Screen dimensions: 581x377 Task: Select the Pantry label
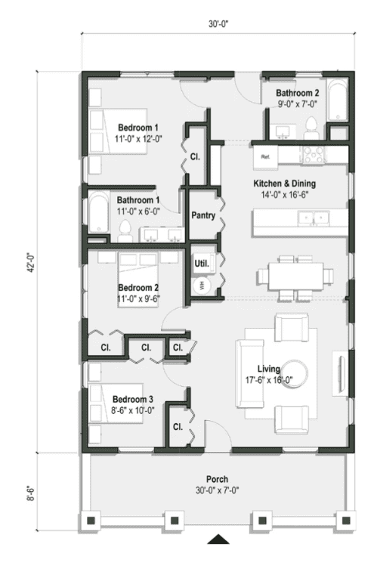pos(202,215)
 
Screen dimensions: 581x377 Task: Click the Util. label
pos(201,264)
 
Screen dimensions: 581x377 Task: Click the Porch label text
pos(216,479)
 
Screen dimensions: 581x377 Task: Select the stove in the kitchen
pos(312,155)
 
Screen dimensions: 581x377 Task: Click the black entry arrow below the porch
pos(218,538)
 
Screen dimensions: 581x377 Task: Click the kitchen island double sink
pos(314,220)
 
